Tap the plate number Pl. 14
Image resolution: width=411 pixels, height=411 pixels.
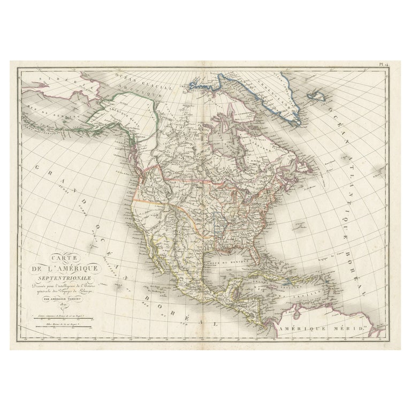[382, 65]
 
